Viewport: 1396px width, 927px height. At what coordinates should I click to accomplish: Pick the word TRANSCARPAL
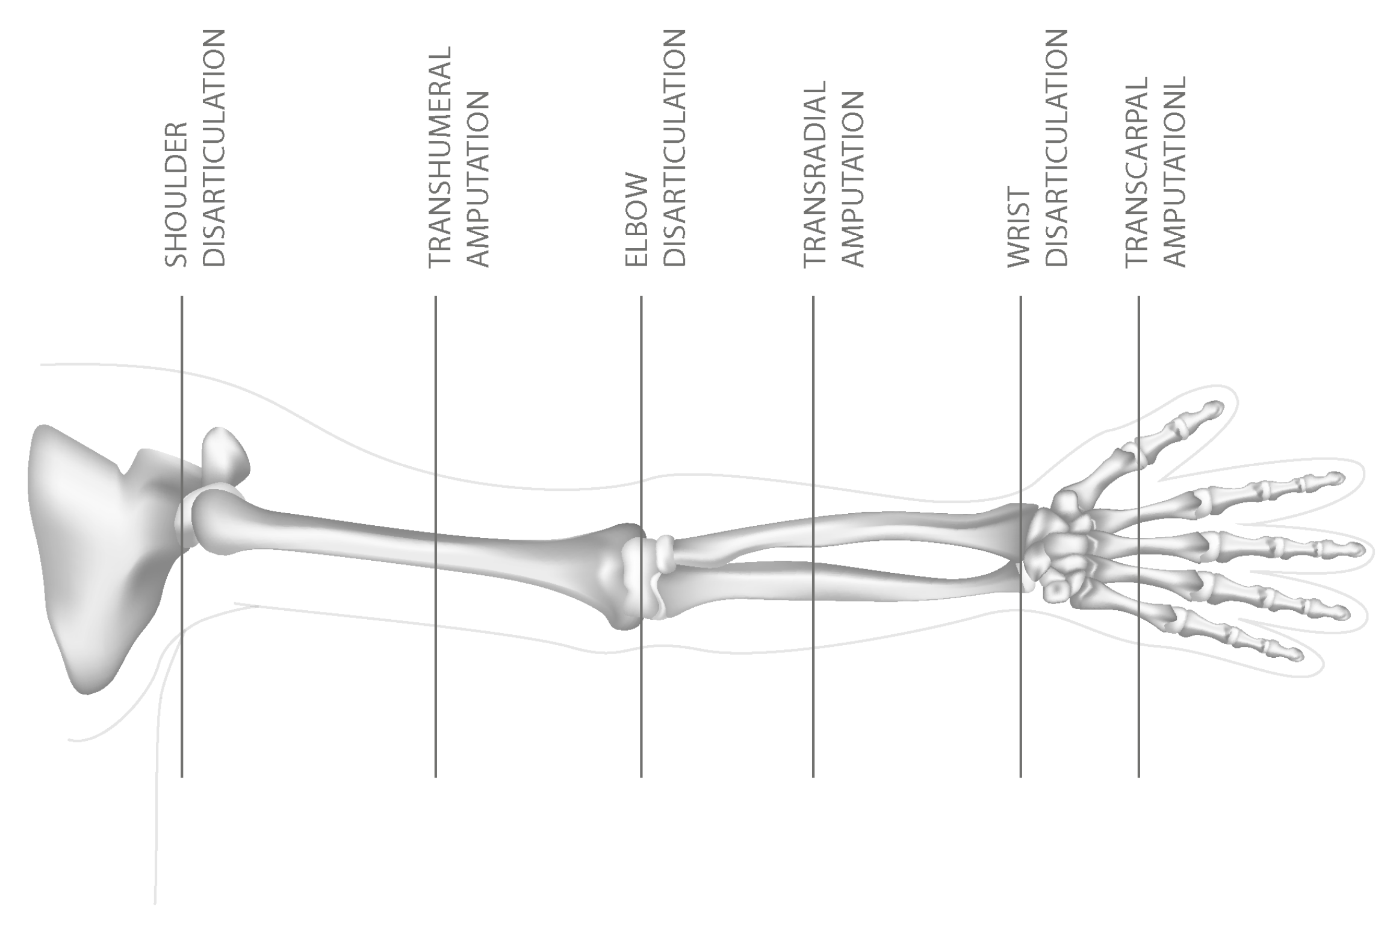1136,172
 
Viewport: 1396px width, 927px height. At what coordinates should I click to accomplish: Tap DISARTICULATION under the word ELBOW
675,148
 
